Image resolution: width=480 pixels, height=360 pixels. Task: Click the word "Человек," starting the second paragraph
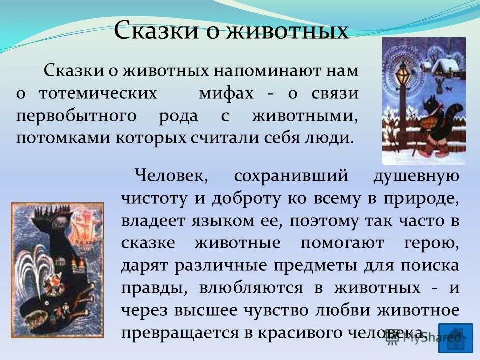[170, 176]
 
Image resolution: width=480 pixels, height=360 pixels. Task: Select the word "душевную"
[416, 176]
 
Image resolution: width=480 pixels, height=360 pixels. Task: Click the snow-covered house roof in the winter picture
[447, 64]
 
